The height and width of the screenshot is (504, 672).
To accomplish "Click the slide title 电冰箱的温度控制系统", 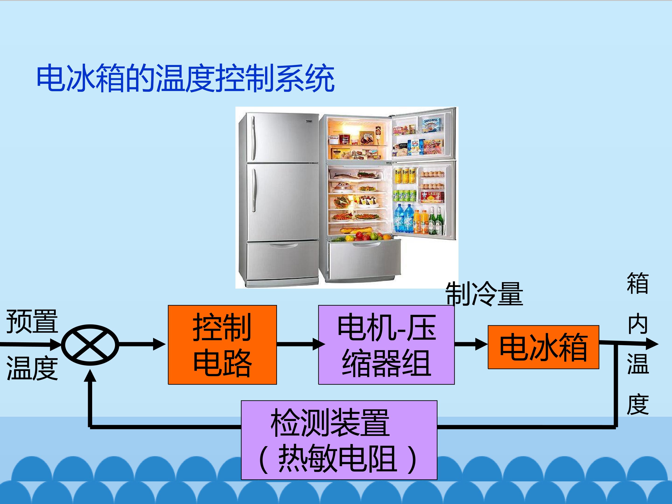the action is tap(185, 78).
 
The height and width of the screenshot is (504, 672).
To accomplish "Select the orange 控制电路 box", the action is tap(222, 345).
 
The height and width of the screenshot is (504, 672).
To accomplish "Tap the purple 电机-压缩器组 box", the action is tap(386, 345).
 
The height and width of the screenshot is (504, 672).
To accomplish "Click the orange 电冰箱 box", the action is tap(543, 347).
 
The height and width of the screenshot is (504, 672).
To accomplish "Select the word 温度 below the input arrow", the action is tap(32, 368).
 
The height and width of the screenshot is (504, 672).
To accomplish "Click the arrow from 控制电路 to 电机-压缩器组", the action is tap(301, 344).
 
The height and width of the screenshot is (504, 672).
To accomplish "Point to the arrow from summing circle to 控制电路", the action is tap(142, 344).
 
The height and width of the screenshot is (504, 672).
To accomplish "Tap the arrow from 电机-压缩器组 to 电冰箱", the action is tap(471, 344).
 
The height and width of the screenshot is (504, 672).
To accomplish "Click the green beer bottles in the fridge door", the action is tap(435, 221).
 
